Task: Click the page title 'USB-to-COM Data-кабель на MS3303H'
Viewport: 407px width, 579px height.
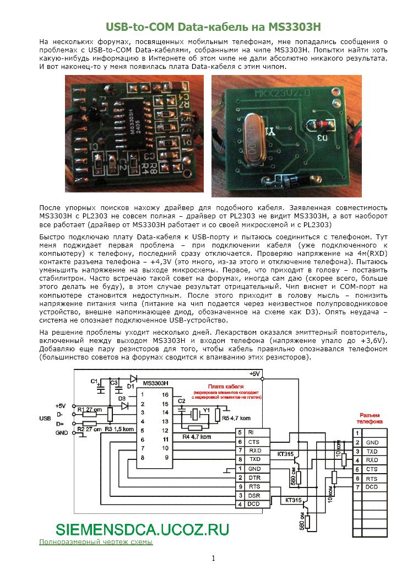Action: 213,26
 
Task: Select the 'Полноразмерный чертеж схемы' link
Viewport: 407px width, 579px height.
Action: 95,542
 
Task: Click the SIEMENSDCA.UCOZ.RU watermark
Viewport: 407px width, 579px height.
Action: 142,528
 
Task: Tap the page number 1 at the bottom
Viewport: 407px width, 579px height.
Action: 214,558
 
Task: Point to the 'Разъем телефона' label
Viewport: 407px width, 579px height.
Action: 368,417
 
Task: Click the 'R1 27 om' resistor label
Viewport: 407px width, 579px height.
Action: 87,410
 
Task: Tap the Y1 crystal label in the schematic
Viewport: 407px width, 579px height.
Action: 206,410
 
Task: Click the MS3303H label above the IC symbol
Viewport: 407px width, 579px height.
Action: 155,383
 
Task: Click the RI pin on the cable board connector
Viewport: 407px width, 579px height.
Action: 251,432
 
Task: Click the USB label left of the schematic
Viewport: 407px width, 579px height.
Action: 45,419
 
